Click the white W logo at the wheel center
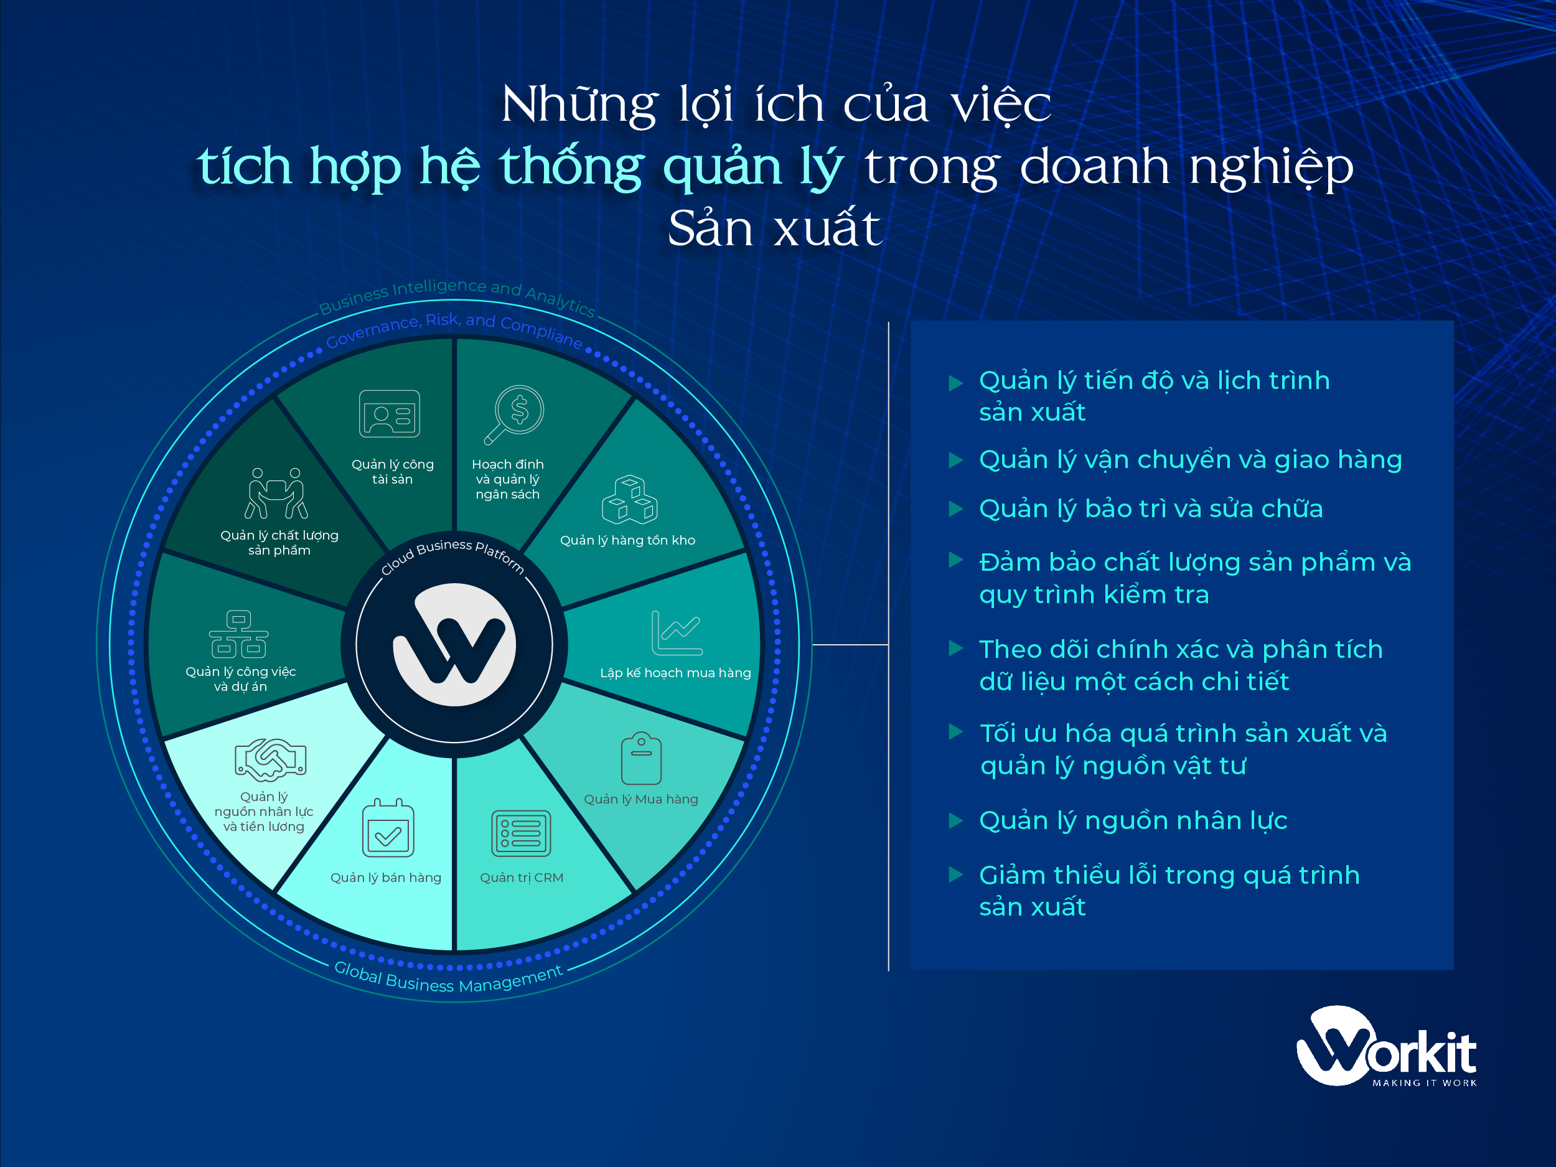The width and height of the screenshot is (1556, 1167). pos(454,644)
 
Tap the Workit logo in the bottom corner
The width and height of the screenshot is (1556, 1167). pos(1385,1047)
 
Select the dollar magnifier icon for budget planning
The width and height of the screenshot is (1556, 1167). pos(514,415)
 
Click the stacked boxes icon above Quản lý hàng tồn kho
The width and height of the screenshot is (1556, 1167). pos(630,499)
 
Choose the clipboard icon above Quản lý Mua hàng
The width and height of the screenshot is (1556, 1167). pos(641,758)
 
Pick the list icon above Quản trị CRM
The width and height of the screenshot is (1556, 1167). pos(521,833)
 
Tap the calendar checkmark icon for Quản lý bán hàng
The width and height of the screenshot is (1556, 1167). pos(388,828)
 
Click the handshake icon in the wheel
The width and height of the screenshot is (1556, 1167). pos(270,760)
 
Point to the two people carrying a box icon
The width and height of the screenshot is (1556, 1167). pos(276,493)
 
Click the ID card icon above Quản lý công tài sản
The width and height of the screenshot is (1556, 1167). pos(389,415)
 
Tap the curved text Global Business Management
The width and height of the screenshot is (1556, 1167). pos(448,980)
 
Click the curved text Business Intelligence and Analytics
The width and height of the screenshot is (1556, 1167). pos(457,294)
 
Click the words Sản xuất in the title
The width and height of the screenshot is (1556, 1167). pos(774,228)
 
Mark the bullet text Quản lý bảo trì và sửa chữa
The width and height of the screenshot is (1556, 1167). pos(1151,509)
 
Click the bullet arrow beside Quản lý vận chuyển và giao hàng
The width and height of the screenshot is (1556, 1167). pos(955,460)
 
